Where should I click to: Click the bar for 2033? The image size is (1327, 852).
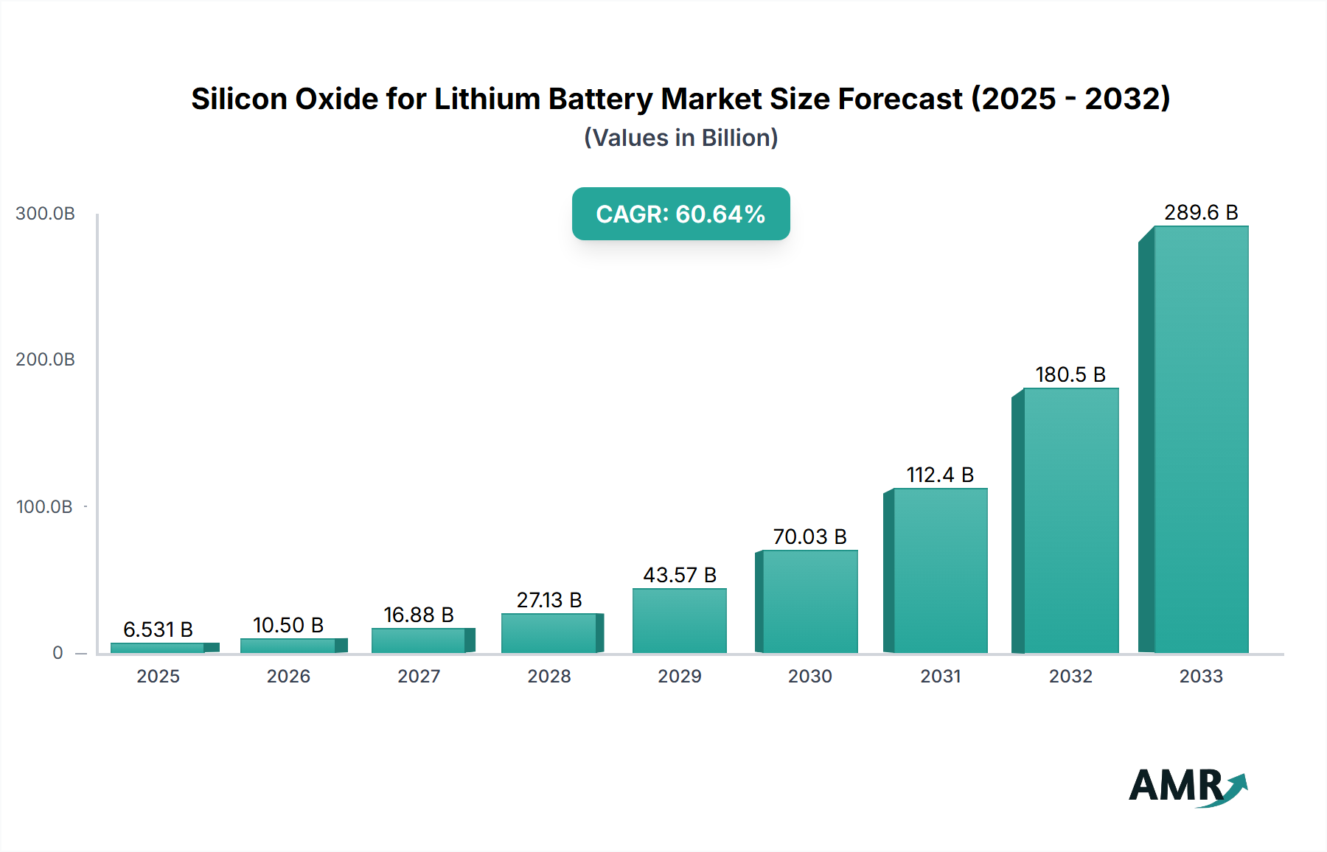(x=1200, y=439)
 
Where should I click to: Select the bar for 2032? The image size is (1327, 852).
(x=1070, y=520)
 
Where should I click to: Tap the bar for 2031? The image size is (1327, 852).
(x=939, y=570)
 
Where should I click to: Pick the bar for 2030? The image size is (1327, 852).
(x=809, y=601)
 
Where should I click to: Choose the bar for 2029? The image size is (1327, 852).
(x=679, y=621)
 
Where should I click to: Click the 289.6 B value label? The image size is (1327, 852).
(x=1201, y=212)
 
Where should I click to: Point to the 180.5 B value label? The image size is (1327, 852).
(x=1070, y=374)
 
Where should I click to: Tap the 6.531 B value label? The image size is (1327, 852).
(x=158, y=629)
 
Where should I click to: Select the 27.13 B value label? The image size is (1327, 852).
(x=549, y=600)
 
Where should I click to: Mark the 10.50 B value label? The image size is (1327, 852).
(x=288, y=625)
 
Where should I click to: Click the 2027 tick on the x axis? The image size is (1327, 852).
(x=419, y=676)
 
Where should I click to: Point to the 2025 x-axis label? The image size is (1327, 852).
(x=158, y=676)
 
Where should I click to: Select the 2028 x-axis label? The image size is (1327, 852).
(x=549, y=676)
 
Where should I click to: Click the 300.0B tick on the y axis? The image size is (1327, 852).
(x=45, y=214)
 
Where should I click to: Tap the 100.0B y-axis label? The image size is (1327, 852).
(x=44, y=507)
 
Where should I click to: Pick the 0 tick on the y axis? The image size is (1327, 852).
(x=58, y=653)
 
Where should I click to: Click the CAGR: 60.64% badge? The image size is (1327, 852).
(x=680, y=214)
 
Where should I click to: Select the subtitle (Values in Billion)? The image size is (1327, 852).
(x=680, y=138)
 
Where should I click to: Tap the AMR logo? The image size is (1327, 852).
(x=1187, y=786)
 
